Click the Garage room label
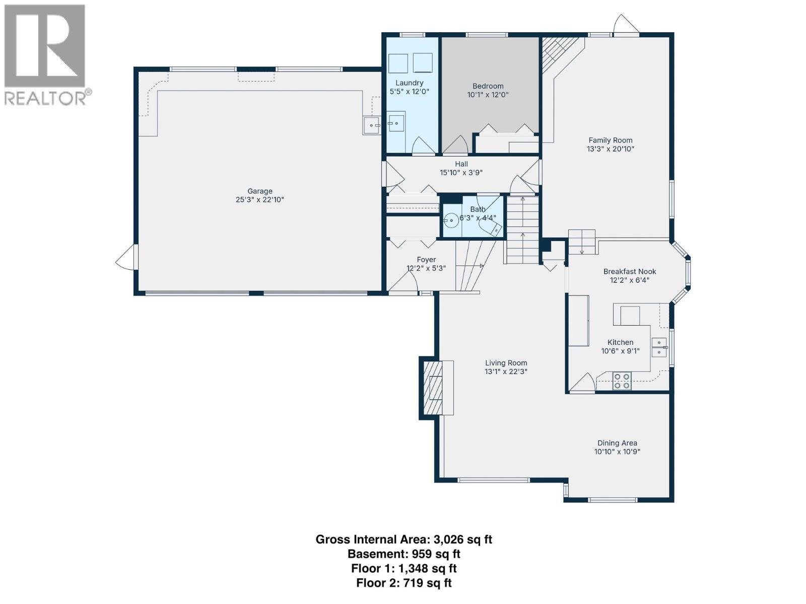[260, 191]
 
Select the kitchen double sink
[659, 347]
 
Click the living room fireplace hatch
[432, 387]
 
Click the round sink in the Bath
[451, 219]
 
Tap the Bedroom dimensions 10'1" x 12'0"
[488, 95]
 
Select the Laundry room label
[409, 83]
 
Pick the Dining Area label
[617, 443]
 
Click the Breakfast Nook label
[630, 271]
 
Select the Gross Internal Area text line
[404, 540]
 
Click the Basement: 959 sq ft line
[404, 554]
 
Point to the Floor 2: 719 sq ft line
[404, 583]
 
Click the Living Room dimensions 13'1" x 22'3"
[506, 371]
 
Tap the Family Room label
[611, 140]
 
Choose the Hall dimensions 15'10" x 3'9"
[461, 173]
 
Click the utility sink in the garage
[371, 126]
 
